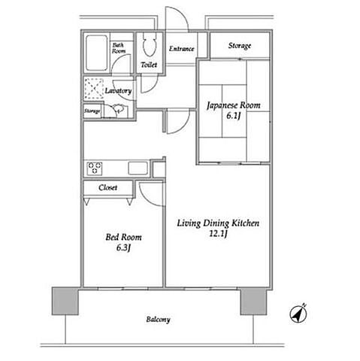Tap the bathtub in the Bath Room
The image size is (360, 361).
(96, 53)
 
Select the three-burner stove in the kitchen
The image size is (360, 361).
(95, 168)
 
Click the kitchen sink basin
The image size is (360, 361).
(138, 168)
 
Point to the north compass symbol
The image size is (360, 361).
(298, 314)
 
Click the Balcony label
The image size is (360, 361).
(158, 320)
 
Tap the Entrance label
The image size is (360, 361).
(181, 49)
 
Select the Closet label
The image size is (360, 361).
(107, 187)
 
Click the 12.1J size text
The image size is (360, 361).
(218, 234)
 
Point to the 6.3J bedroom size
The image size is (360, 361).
(123, 248)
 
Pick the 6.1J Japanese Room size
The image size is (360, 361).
(234, 116)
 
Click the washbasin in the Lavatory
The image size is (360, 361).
(118, 109)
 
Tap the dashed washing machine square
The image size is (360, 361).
(94, 89)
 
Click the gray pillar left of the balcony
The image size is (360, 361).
(65, 301)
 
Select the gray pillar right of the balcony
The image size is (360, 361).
(253, 302)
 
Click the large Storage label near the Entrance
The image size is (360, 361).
(240, 46)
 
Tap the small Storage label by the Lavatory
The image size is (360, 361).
(92, 111)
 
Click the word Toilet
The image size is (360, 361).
(149, 65)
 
